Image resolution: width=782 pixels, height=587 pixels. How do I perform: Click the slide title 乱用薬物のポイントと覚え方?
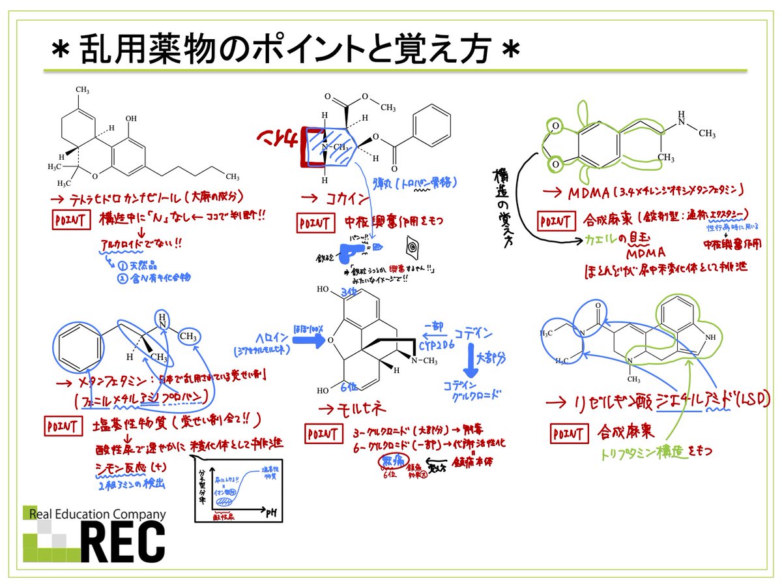pyautogui.click(x=287, y=52)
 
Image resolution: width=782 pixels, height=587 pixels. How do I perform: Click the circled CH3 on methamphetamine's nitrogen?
pyautogui.click(x=188, y=337)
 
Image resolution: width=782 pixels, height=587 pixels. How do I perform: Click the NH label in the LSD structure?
pyautogui.click(x=710, y=337)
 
